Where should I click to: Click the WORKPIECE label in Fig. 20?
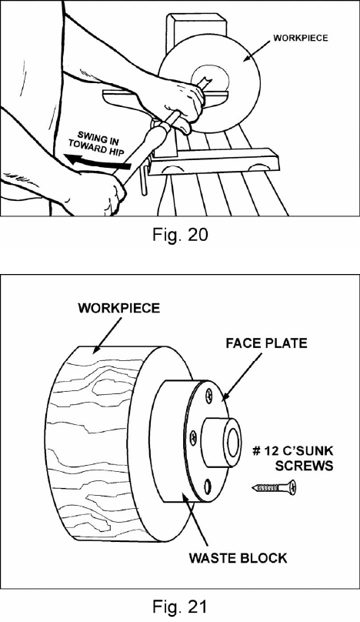301,38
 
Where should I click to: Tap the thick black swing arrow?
98,162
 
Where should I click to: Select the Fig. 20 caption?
180,235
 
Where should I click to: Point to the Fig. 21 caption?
180,607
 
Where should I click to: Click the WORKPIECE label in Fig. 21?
119,308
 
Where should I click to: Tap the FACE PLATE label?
266,343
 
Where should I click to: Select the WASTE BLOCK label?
238,558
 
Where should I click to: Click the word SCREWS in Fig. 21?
304,465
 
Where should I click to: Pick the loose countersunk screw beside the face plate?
275,487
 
